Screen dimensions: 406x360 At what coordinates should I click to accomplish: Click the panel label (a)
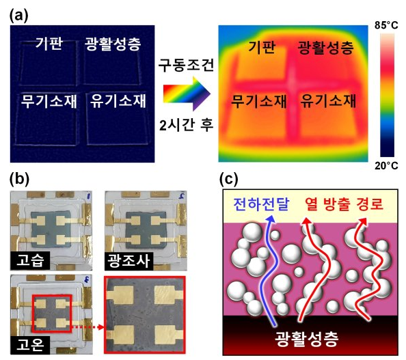click(18, 16)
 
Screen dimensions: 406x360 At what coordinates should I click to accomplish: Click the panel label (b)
click(19, 179)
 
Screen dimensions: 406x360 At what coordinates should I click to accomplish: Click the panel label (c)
click(229, 179)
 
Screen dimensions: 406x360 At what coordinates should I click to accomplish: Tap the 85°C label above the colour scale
click(386, 25)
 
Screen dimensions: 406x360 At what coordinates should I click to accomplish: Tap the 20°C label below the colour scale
click(386, 165)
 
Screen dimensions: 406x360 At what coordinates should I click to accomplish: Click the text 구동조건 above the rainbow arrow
click(186, 65)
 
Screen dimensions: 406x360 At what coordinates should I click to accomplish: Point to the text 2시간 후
click(186, 125)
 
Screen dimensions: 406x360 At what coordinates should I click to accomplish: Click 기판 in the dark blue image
click(49, 43)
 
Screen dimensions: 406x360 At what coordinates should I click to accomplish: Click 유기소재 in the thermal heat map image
click(328, 100)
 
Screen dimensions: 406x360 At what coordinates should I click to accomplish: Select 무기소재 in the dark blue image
click(49, 100)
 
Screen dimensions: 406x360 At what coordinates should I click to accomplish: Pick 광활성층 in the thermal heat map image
click(326, 47)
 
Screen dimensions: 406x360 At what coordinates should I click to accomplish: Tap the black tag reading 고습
click(30, 260)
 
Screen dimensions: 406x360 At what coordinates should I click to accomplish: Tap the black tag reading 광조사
click(128, 261)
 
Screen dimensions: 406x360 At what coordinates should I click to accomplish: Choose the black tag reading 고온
click(30, 345)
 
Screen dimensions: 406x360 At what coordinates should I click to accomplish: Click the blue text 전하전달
click(261, 204)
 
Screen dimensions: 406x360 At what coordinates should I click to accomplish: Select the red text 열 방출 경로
click(344, 204)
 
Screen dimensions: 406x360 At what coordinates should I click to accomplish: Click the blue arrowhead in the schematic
click(271, 219)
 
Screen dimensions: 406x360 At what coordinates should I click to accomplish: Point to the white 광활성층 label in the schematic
click(307, 339)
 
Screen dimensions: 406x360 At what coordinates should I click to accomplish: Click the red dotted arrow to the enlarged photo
click(87, 327)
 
